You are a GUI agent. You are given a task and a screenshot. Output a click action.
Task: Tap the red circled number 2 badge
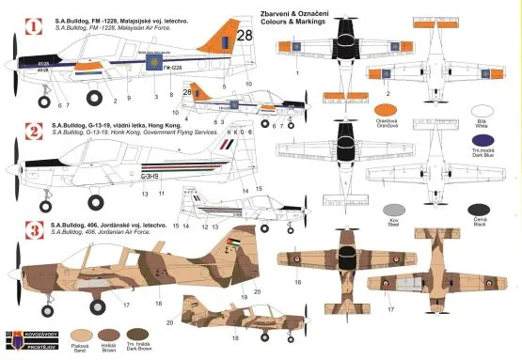[x=31, y=131]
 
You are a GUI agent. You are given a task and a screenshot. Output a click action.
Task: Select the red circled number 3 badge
[x=31, y=229]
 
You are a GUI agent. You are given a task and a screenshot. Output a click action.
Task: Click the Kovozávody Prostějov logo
[x=21, y=340]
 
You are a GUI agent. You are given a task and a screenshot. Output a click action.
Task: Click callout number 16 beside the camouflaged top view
[x=297, y=281]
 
